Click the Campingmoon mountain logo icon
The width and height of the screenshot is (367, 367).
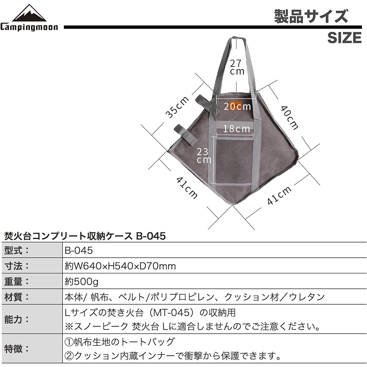[x=29, y=13]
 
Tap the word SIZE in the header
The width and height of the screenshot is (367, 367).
[x=345, y=38]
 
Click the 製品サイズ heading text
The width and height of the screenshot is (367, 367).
[x=311, y=17]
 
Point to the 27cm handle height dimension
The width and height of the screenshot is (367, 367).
[x=237, y=67]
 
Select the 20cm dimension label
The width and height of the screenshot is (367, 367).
[x=237, y=106]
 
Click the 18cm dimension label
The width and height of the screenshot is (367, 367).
[x=237, y=129]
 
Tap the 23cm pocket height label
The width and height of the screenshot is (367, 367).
[x=204, y=156]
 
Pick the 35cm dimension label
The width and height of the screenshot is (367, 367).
[x=177, y=107]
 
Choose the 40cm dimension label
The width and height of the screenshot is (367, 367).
[x=290, y=118]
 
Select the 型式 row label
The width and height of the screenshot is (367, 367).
[x=17, y=250]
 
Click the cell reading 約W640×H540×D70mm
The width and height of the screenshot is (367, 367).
[x=120, y=266]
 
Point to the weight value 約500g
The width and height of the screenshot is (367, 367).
[x=81, y=281]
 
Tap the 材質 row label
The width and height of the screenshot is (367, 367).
[x=17, y=297]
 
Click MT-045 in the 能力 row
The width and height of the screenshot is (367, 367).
[x=174, y=313]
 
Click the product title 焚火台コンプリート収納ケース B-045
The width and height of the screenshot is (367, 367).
[x=85, y=236]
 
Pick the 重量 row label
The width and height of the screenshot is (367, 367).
[x=17, y=281]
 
